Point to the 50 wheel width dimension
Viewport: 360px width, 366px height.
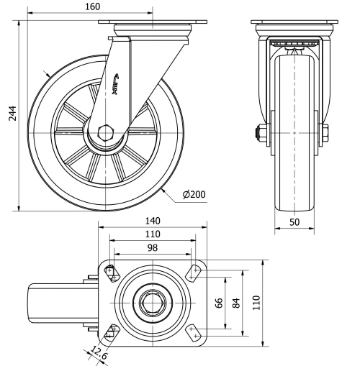point(294,223)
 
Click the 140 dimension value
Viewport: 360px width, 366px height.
point(153,221)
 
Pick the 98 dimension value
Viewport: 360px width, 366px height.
point(153,247)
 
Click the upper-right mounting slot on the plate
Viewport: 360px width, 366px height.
point(192,271)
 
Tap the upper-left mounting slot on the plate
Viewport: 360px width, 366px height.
point(111,271)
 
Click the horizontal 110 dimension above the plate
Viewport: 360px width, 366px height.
point(153,234)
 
